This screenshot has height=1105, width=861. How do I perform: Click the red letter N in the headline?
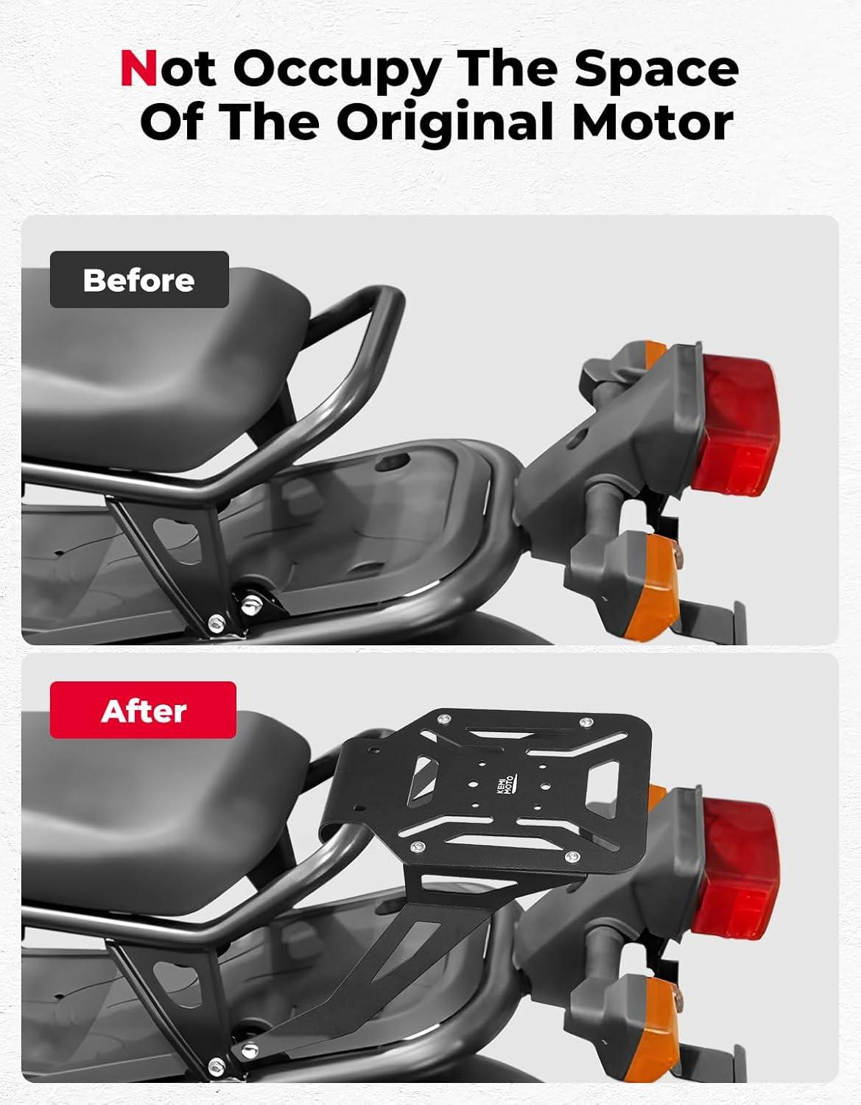[138, 68]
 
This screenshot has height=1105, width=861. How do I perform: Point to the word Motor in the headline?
[652, 121]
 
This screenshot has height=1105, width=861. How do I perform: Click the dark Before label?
[139, 280]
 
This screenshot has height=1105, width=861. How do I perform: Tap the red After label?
[143, 710]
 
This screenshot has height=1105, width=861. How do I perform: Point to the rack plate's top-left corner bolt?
[446, 718]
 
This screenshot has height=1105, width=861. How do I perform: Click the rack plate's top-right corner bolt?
[586, 722]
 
